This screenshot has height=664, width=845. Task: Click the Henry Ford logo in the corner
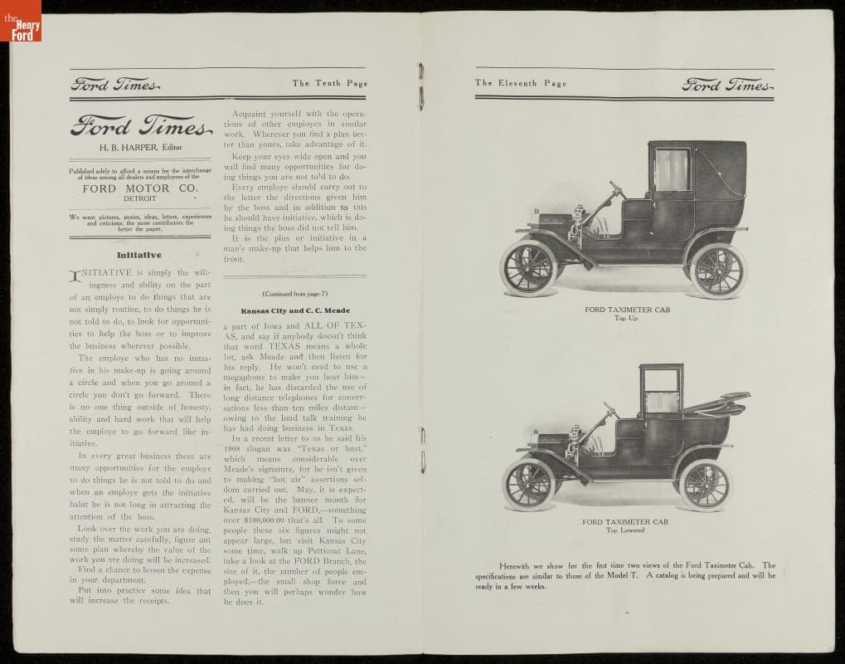tap(20, 20)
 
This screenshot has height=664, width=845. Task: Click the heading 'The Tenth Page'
tap(329, 83)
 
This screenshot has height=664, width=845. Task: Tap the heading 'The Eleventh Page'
tap(521, 83)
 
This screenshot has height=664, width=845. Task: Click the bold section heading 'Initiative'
tap(138, 255)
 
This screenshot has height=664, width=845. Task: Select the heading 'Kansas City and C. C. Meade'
tap(295, 310)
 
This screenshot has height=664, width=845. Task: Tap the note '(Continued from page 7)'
tap(294, 293)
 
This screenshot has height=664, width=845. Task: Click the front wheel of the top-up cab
tap(528, 268)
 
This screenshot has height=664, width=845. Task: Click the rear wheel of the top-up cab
tap(717, 271)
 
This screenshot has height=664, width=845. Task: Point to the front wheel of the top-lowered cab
tap(528, 484)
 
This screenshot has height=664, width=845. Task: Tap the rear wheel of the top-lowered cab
tap(705, 486)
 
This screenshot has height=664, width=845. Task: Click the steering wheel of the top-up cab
tap(617, 190)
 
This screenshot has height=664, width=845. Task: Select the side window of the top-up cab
tap(671, 170)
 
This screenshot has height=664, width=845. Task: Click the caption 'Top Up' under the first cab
tap(626, 318)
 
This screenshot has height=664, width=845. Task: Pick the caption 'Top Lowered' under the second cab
tap(625, 530)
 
